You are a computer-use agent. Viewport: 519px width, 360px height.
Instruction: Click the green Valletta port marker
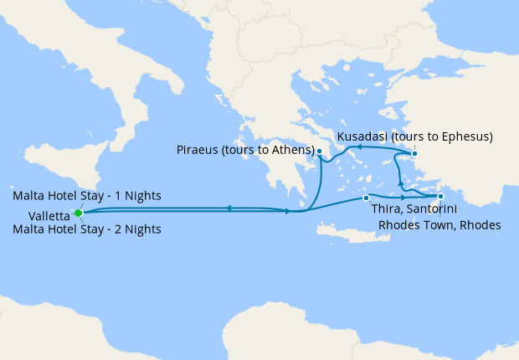pyautogui.click(x=79, y=213)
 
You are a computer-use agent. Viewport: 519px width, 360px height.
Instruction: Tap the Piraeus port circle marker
pyautogui.click(x=319, y=152)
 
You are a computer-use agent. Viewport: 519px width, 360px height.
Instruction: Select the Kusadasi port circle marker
pyautogui.click(x=414, y=153)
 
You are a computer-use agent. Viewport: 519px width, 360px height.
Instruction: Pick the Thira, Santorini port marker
pyautogui.click(x=366, y=198)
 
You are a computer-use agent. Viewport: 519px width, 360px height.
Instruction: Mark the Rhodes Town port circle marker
pyautogui.click(x=440, y=198)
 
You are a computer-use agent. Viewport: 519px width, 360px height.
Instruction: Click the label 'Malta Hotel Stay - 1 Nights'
pyautogui.click(x=87, y=196)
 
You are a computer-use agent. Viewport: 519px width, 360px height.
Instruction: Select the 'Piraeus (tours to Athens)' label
pyautogui.click(x=244, y=151)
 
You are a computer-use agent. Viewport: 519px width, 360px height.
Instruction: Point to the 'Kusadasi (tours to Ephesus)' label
pyautogui.click(x=415, y=136)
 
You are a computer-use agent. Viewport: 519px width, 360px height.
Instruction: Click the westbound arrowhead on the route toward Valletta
pyautogui.click(x=228, y=208)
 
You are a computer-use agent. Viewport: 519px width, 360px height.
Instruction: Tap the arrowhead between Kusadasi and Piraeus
pyautogui.click(x=357, y=147)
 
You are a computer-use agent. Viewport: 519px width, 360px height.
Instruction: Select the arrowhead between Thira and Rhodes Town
pyautogui.click(x=403, y=198)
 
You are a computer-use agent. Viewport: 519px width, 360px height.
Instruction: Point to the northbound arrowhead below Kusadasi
pyautogui.click(x=400, y=183)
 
